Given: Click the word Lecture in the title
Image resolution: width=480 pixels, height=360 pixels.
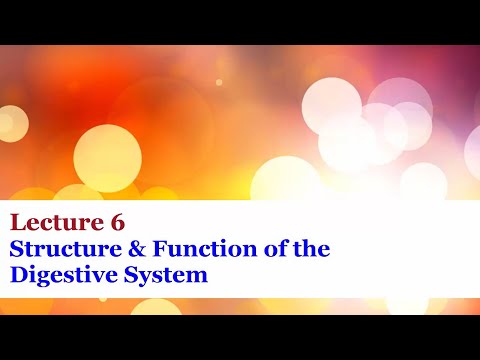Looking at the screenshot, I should pyautogui.click(x=54, y=221).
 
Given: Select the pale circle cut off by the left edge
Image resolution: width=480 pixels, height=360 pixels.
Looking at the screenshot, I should pyautogui.click(x=8, y=122).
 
